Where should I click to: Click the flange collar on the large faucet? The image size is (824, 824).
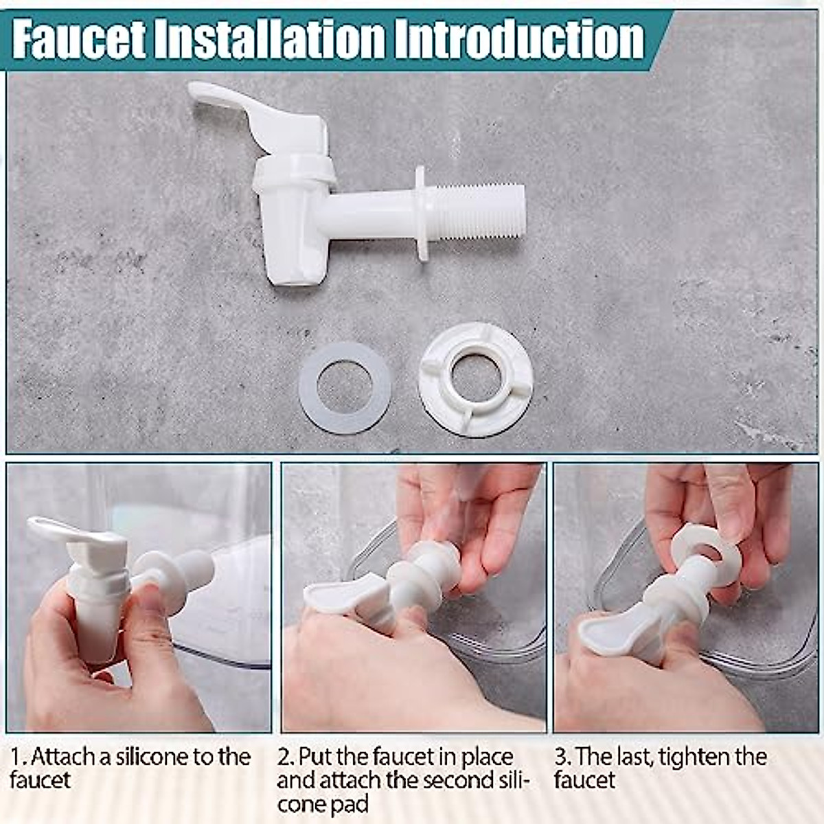(x=420, y=213)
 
